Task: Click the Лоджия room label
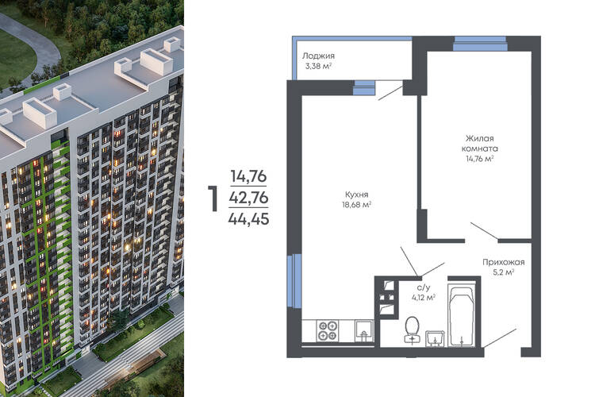318,56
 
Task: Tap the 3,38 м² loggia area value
318,66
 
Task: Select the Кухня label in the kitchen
356,195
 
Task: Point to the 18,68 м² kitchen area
356,205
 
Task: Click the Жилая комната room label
480,143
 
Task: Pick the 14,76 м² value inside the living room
480,159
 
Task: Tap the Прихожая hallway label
504,262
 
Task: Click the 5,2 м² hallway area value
504,272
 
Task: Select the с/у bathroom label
424,287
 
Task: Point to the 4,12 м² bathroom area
424,297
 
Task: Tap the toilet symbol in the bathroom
412,330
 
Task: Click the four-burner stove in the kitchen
328,330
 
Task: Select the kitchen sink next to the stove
364,331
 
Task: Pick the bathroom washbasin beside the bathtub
435,338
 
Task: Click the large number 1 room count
213,198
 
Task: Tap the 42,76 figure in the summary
249,198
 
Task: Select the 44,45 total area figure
249,219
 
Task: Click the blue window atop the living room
481,44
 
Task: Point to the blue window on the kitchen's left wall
294,281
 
